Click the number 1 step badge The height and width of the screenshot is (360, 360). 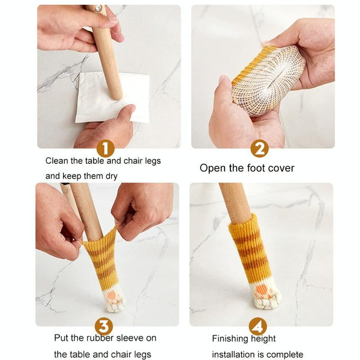[106, 149]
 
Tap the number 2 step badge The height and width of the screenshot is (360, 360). [259, 149]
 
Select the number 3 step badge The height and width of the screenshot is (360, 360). [104, 326]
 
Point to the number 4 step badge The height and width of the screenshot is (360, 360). [258, 326]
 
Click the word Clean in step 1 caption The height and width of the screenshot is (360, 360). [57, 161]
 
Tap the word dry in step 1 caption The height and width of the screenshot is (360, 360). [112, 176]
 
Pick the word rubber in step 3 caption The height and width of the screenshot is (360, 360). [100, 338]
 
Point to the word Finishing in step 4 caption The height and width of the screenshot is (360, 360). [230, 339]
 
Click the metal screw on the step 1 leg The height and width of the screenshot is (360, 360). [98, 9]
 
